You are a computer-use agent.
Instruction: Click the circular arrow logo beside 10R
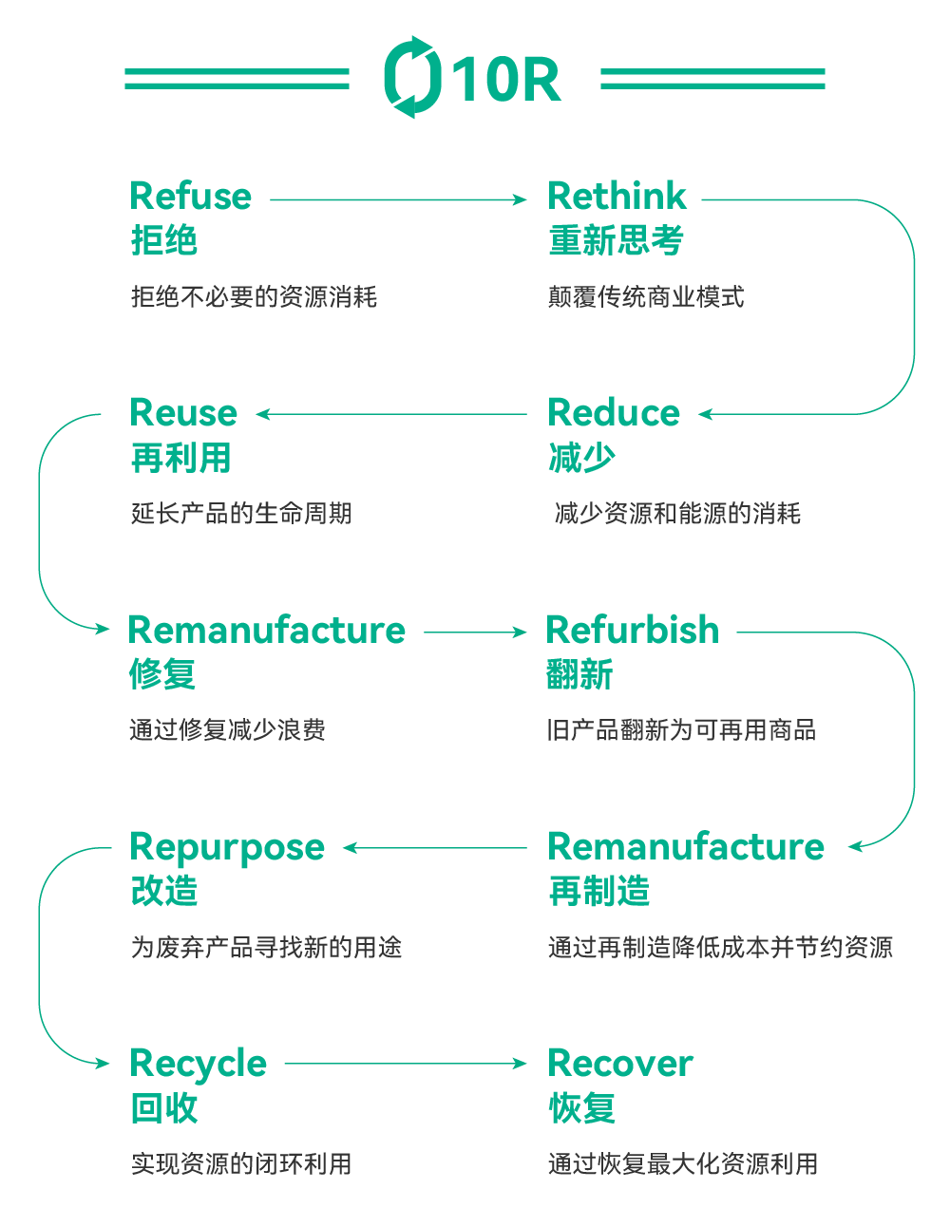412,77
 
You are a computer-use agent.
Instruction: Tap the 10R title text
505,79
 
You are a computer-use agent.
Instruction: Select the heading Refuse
190,197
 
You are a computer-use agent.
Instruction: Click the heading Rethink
617,197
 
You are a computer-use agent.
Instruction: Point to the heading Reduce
614,413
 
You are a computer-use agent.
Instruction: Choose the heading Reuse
183,413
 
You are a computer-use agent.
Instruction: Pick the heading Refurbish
632,630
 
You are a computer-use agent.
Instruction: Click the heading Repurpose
227,847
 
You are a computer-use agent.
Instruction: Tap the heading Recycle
198,1064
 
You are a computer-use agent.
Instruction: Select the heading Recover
620,1064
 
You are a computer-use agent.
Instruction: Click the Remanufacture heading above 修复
267,630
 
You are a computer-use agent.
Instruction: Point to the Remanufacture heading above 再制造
686,846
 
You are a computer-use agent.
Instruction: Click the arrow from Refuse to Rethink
398,199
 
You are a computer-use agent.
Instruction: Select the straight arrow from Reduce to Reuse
391,414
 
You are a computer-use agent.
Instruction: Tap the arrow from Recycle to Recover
406,1064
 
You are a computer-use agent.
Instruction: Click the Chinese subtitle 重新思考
616,240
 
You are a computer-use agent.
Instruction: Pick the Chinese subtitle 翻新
579,674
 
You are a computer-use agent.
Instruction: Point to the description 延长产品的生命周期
241,514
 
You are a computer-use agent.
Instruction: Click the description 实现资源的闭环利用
241,1163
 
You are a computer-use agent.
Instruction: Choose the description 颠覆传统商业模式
646,297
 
